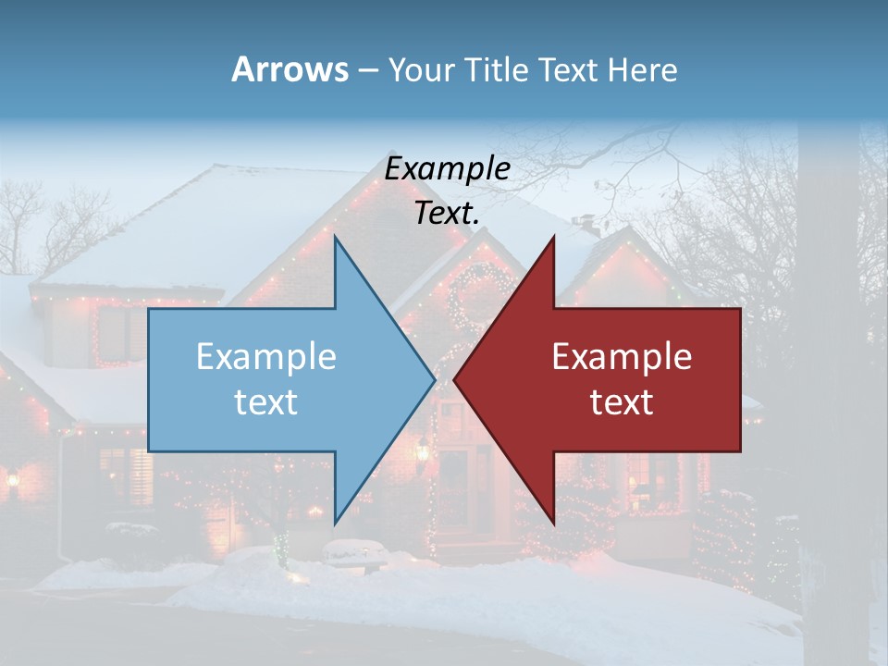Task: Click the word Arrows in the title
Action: (289, 69)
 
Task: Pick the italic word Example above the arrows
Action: (447, 169)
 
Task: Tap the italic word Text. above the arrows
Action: (447, 214)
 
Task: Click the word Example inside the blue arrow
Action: (266, 357)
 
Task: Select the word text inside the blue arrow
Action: (266, 402)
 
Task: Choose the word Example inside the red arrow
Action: (622, 357)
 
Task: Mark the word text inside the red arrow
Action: (622, 402)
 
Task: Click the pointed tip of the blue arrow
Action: (434, 380)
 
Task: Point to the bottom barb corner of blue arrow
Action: (335, 523)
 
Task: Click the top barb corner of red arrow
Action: (553, 238)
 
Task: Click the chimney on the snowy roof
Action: (584, 225)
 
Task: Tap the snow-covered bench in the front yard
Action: (355, 552)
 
